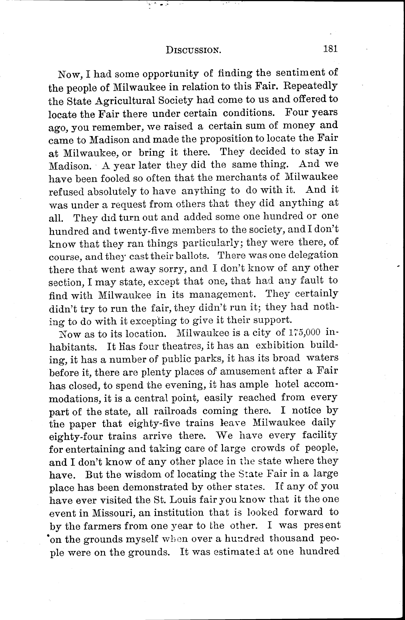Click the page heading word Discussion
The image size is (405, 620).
pos(194,50)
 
